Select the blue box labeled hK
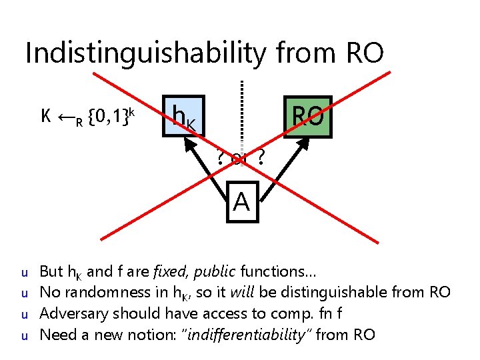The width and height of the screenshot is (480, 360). tap(183, 117)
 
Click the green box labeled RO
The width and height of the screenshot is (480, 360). tap(307, 117)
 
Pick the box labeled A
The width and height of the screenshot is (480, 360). tap(241, 201)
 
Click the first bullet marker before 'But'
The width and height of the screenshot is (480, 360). tap(23, 273)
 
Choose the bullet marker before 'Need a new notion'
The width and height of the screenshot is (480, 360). tap(23, 335)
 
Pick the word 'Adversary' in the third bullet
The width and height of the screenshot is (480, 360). tap(70, 313)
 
